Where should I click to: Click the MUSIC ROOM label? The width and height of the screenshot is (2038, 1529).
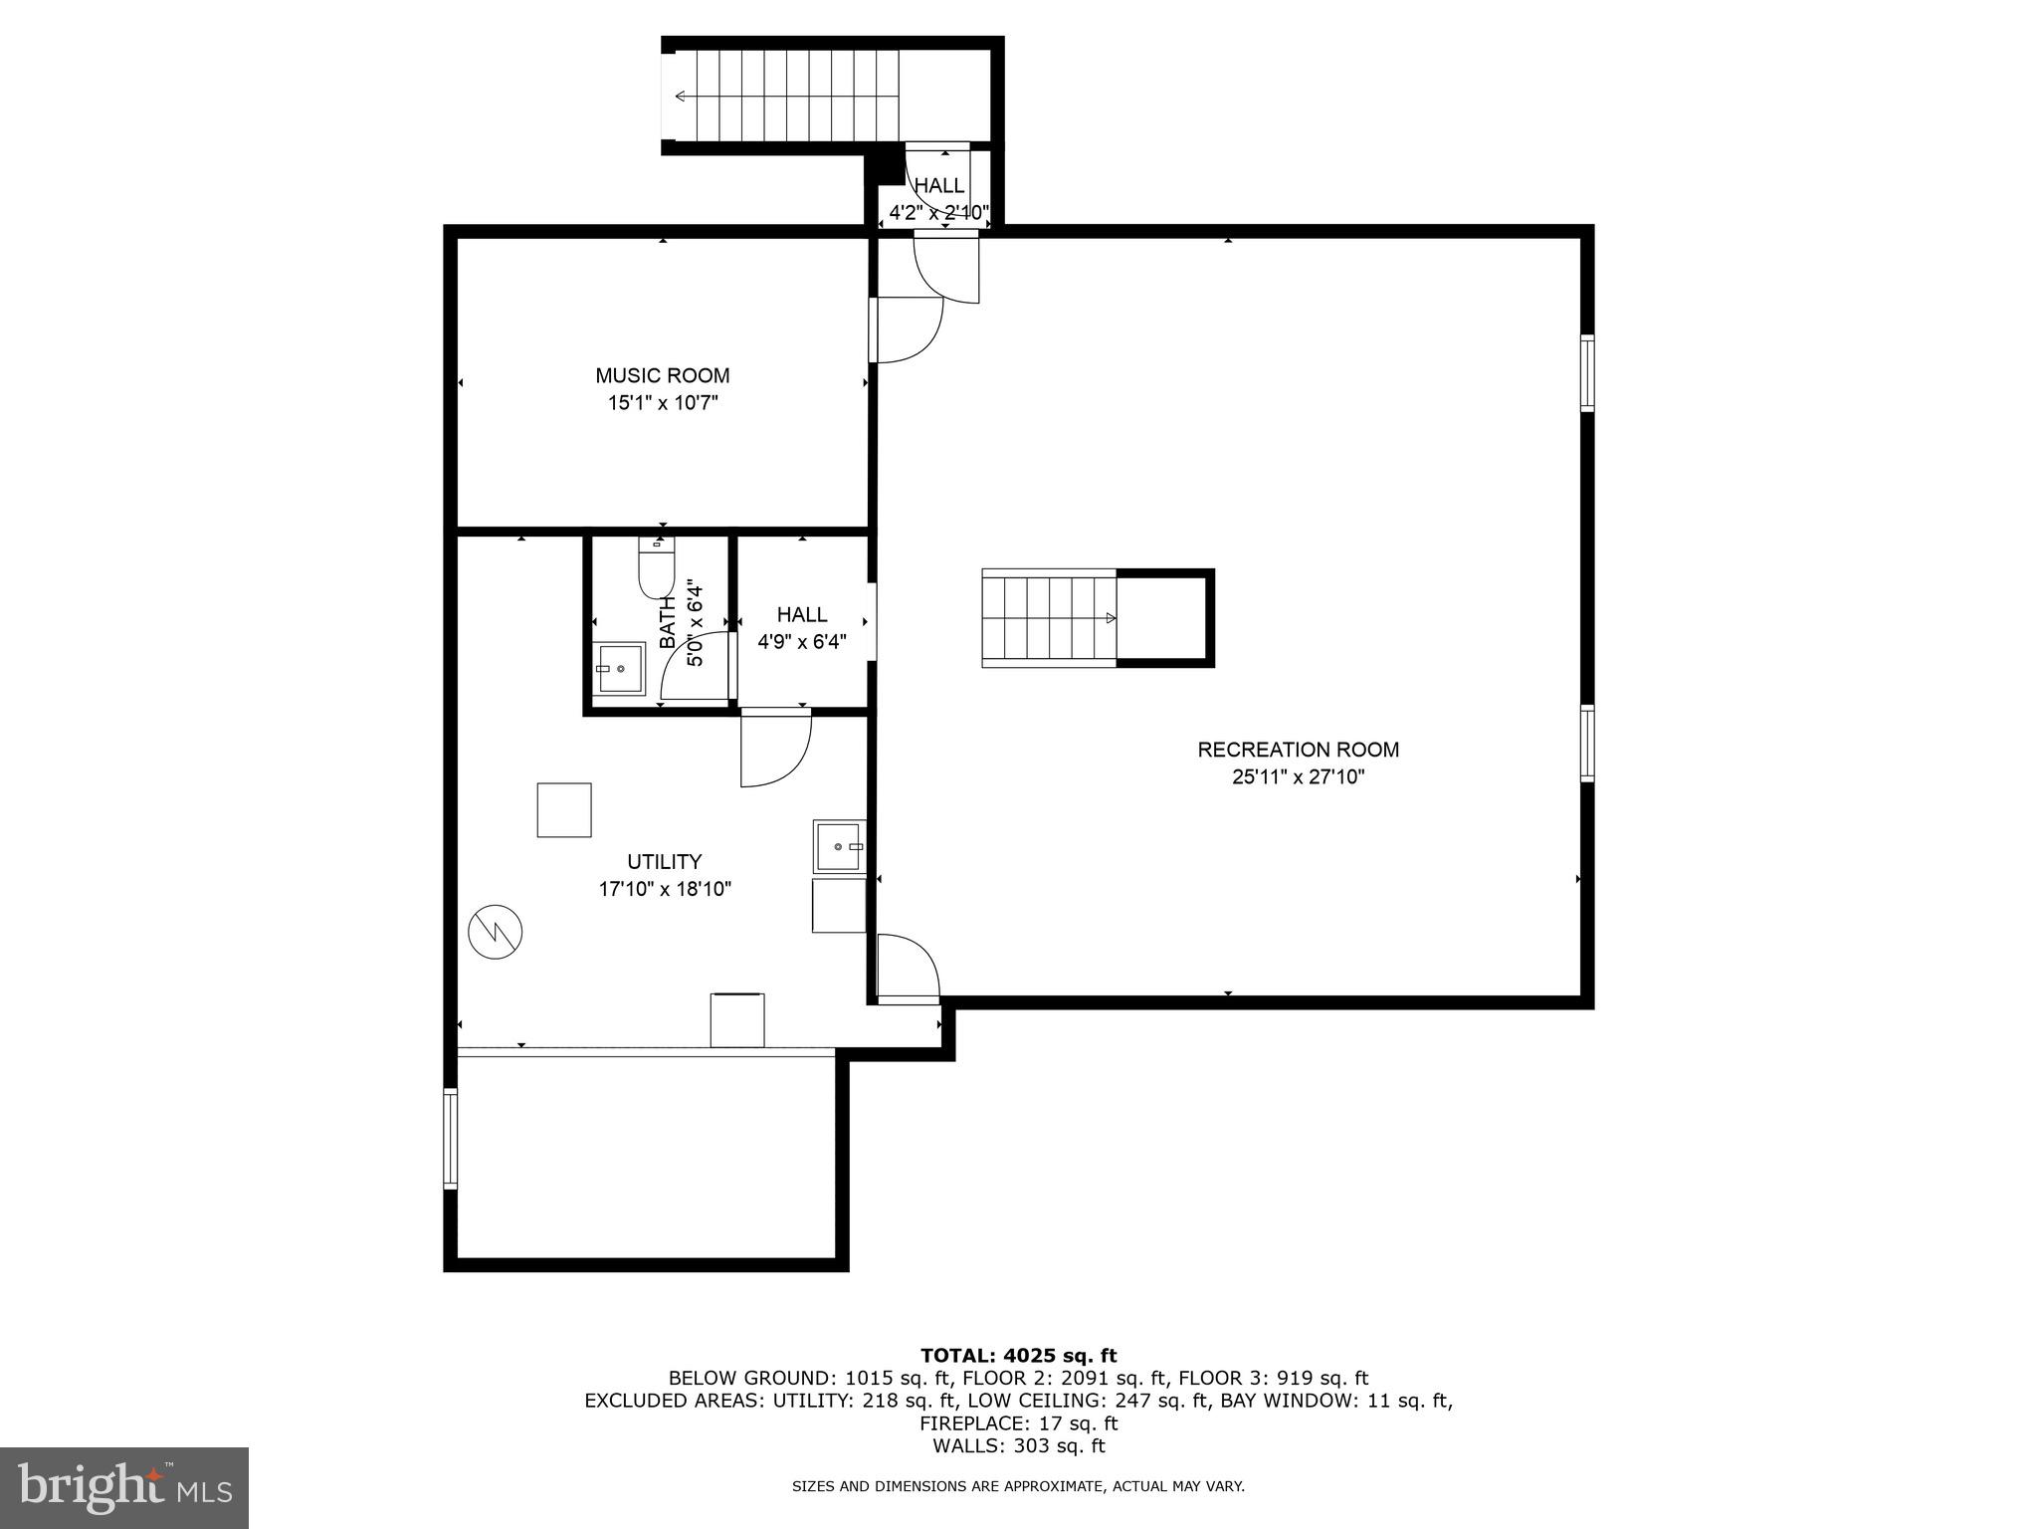point(662,375)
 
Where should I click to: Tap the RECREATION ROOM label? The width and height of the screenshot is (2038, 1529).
point(1298,750)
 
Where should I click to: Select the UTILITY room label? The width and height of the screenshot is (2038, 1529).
point(664,861)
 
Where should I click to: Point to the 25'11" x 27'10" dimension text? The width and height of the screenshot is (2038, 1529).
point(1298,777)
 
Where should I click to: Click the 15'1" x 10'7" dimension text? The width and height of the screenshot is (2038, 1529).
point(662,403)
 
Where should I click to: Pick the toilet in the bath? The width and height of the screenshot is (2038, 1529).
point(656,568)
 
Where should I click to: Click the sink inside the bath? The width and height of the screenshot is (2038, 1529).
point(620,669)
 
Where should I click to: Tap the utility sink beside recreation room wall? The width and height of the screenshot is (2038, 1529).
point(838,846)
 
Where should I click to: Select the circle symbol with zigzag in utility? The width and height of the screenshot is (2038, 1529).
point(495,932)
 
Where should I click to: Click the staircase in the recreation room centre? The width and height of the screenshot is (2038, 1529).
point(1049,618)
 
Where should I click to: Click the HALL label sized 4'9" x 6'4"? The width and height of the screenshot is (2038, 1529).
point(801,615)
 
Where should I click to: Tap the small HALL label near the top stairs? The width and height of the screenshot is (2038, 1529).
point(938,186)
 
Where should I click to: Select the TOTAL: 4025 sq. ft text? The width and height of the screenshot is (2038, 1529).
point(1018,1356)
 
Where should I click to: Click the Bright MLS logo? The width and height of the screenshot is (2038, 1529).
point(123,1487)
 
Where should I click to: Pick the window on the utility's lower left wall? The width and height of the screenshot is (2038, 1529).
point(450,1139)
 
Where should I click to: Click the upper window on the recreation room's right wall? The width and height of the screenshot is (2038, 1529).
point(1587,373)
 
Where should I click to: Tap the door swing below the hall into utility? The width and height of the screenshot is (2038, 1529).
point(776,749)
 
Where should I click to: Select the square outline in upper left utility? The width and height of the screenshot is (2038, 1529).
point(564,810)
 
